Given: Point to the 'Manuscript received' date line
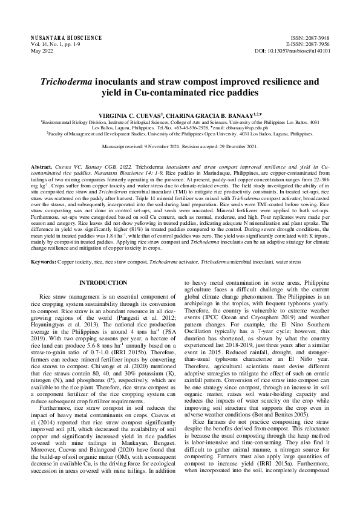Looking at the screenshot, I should tap(179, 146).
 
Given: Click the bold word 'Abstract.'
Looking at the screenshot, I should tap(41, 166).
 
